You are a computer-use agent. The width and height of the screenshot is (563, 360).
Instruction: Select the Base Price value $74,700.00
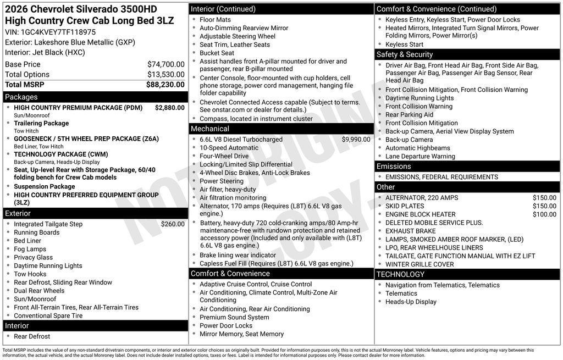pos(165,64)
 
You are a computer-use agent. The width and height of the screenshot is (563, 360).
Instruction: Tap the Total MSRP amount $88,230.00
pos(165,85)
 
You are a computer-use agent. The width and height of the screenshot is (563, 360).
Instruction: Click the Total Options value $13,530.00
pos(165,75)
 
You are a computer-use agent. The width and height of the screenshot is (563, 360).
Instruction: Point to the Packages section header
pos(21,97)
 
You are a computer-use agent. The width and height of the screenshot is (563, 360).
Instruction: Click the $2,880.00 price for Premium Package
pos(169,108)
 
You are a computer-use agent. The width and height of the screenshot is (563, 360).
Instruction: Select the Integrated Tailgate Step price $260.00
pos(173,224)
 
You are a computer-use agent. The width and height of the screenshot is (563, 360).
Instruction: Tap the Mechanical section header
pos(210,129)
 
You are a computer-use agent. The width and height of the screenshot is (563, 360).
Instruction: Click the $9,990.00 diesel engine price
pos(356,140)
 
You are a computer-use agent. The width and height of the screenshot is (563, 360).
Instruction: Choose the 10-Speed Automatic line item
pos(229,148)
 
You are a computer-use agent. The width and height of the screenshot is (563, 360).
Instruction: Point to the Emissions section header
pos(394,167)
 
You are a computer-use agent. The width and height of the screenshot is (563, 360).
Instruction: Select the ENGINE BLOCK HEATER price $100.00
pos(544,214)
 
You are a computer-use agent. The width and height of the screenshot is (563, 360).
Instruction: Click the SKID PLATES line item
pos(405,206)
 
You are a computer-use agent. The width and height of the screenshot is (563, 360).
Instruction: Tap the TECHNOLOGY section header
pos(400,274)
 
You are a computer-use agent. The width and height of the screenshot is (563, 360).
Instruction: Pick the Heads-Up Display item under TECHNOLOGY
pos(411,302)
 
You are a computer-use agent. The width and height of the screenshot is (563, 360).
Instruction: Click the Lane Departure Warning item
pos(420,156)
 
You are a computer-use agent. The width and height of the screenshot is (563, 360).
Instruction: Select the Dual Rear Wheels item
pos(39,291)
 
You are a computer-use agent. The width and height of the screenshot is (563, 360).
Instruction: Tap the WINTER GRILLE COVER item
pos(420,264)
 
